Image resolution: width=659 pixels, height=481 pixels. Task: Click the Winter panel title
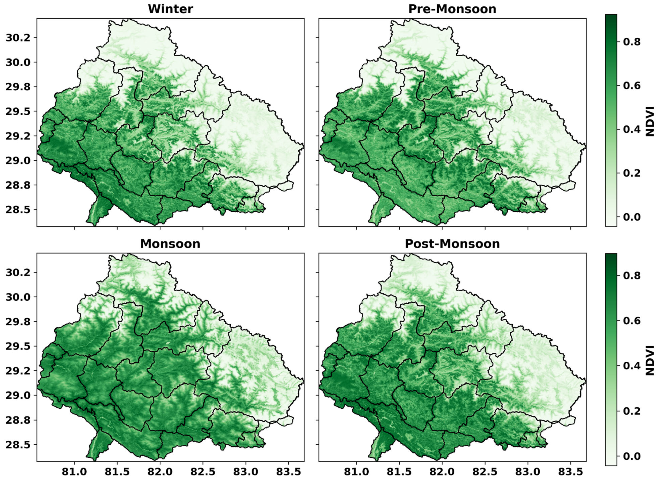(170, 9)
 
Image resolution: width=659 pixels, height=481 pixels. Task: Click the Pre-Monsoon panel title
(452, 9)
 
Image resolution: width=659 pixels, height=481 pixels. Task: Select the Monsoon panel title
(170, 244)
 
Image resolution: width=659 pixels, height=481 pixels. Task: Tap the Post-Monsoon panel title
(452, 244)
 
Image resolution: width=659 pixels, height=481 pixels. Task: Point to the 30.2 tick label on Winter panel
(18, 38)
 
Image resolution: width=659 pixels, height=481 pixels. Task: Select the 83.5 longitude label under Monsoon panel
(288, 472)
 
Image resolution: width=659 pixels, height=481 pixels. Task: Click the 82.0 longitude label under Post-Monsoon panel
(442, 472)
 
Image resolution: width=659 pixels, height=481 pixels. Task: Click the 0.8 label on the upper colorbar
(632, 42)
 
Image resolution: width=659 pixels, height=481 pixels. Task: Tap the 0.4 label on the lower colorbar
(632, 366)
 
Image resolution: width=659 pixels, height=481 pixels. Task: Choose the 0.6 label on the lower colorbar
(632, 320)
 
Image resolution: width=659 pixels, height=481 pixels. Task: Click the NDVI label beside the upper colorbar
(650, 121)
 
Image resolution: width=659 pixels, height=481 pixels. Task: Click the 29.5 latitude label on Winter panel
(18, 111)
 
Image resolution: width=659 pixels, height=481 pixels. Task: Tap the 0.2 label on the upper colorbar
(632, 173)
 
